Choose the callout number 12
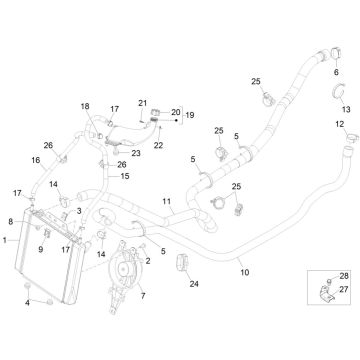(339, 124)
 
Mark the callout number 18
(84, 106)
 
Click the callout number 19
(189, 116)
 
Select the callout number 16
(35, 159)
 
